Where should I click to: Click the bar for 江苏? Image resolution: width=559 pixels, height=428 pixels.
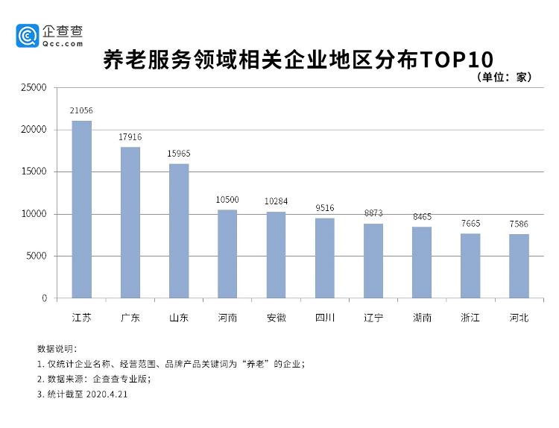[x=81, y=210]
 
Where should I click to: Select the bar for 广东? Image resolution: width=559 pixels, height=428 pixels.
[x=130, y=222]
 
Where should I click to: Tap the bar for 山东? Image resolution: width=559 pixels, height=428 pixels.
[x=179, y=230]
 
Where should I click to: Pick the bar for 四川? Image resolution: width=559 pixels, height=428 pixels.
[x=324, y=258]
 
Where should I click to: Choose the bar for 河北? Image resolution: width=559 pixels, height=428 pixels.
[x=519, y=266]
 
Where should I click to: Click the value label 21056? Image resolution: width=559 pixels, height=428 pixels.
[x=81, y=110]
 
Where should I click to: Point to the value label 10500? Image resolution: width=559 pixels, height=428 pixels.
[x=227, y=200]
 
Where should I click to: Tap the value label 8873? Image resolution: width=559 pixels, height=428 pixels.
[x=373, y=213]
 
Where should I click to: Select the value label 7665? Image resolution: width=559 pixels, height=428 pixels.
[x=470, y=223]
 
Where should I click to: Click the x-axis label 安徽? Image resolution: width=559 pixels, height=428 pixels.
[x=276, y=318]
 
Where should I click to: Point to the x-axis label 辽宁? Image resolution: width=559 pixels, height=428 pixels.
[x=373, y=318]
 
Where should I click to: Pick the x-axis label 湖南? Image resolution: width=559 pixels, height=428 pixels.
[x=422, y=318]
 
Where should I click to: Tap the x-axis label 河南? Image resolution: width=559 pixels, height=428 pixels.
[x=227, y=318]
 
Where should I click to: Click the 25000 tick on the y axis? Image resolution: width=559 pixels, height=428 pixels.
[x=34, y=87]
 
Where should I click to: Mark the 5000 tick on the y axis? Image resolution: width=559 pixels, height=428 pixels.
[x=37, y=257]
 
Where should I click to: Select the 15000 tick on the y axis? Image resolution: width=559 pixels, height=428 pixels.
[x=34, y=171]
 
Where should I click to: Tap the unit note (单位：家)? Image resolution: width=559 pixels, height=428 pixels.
[x=502, y=77]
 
